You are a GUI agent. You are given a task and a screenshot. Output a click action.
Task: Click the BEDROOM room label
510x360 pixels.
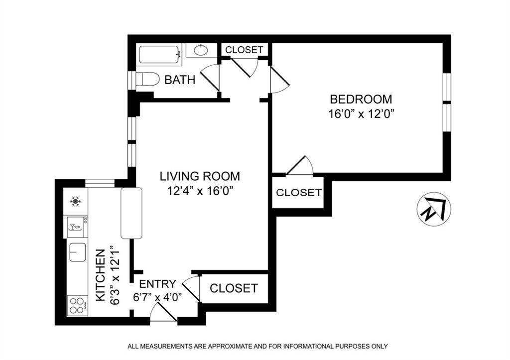(361, 99)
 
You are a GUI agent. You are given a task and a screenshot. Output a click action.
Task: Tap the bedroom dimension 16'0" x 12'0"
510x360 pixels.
(361, 114)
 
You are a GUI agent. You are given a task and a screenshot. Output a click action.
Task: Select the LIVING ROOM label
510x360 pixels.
(200, 176)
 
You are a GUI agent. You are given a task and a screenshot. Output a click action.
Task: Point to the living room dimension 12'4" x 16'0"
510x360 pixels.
(200, 190)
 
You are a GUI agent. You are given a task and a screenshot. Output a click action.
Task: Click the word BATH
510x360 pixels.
(180, 80)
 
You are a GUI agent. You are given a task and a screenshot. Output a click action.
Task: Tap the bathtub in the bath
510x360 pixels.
(159, 54)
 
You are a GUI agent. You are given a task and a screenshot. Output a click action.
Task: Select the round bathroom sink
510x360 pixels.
(201, 50)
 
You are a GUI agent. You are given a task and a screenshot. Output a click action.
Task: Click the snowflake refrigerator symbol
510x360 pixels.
(76, 201)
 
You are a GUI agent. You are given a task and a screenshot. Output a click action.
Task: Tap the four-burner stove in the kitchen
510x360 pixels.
(77, 305)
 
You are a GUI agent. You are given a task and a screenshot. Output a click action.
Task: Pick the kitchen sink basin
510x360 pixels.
(77, 252)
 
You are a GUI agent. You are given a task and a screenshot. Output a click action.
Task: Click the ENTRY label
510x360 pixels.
(157, 284)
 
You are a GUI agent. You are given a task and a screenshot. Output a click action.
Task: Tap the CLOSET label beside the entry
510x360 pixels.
(234, 288)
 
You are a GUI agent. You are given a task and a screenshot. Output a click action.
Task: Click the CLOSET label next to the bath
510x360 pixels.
(244, 50)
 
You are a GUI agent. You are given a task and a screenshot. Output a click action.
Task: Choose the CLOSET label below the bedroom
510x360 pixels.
(299, 193)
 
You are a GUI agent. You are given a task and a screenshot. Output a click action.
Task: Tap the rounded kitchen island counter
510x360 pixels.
(131, 213)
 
